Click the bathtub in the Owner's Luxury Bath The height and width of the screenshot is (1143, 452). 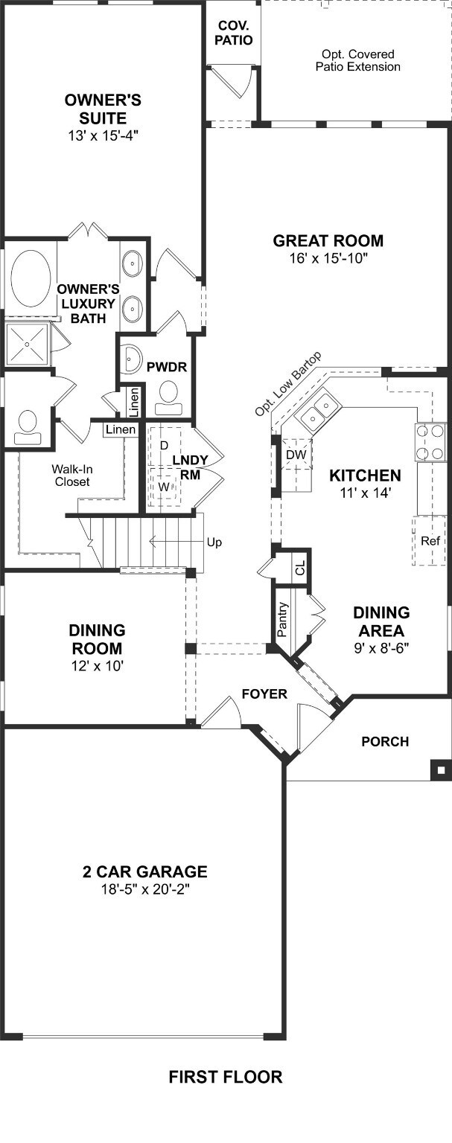31,278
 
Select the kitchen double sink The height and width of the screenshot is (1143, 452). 317,410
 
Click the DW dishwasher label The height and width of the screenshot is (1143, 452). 296,455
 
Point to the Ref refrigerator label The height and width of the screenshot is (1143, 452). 430,540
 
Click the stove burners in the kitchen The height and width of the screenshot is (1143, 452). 430,442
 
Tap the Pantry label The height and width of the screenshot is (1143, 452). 282,619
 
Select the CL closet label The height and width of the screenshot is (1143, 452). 300,567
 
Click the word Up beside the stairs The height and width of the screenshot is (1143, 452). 214,542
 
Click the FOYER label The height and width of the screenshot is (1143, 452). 264,694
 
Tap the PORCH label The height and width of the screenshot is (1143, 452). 385,741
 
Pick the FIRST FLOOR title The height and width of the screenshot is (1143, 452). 225,1078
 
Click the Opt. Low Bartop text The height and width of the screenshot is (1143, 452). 289,384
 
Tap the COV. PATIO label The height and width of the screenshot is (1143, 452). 233,33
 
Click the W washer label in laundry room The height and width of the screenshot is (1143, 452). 163,487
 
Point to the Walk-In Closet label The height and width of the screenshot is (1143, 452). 72,475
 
